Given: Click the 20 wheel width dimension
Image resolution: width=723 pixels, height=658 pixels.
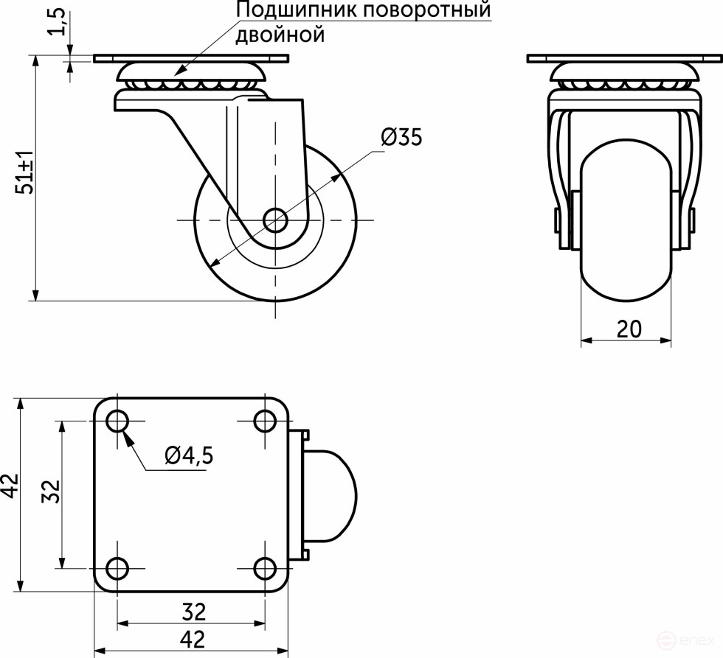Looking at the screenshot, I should [628, 329].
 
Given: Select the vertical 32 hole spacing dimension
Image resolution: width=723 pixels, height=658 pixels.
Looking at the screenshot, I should [50, 490].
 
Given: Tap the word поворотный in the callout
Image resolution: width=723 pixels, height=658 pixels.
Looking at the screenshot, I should [419, 11].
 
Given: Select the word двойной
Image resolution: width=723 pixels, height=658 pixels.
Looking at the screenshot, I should [280, 35].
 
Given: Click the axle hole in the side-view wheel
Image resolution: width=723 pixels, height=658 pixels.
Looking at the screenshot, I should [275, 219].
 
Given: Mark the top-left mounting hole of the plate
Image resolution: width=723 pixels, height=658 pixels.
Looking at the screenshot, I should [117, 421].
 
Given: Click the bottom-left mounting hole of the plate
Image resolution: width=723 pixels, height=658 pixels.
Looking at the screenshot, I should [117, 568].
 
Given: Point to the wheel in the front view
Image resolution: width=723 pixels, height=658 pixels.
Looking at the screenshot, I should [626, 228].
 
